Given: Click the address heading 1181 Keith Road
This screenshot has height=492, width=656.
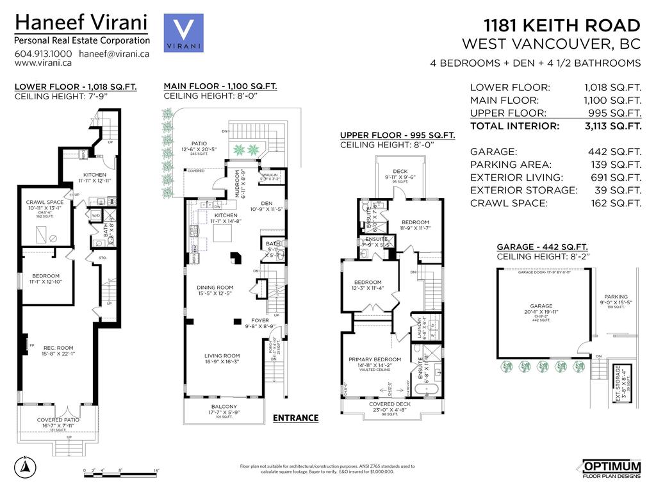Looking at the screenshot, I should (562, 26).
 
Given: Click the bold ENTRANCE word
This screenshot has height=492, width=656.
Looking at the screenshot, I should (295, 418).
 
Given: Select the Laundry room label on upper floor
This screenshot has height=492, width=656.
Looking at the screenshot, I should (420, 328).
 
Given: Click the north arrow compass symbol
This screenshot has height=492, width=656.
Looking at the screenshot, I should (24, 467).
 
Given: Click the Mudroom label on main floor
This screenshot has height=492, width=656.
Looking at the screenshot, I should (237, 184).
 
